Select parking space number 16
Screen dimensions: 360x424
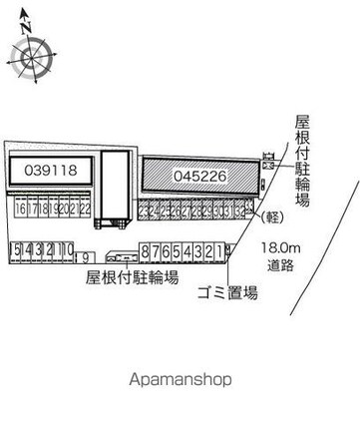20,210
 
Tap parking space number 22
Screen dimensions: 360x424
86,210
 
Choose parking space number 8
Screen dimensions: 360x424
147,249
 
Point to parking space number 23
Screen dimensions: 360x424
145,212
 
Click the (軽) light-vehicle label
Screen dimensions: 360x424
269,215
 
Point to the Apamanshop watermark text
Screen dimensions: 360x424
179,379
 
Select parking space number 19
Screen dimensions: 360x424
53,210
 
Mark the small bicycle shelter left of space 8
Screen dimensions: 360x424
122,252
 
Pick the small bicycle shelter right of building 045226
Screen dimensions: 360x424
268,159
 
